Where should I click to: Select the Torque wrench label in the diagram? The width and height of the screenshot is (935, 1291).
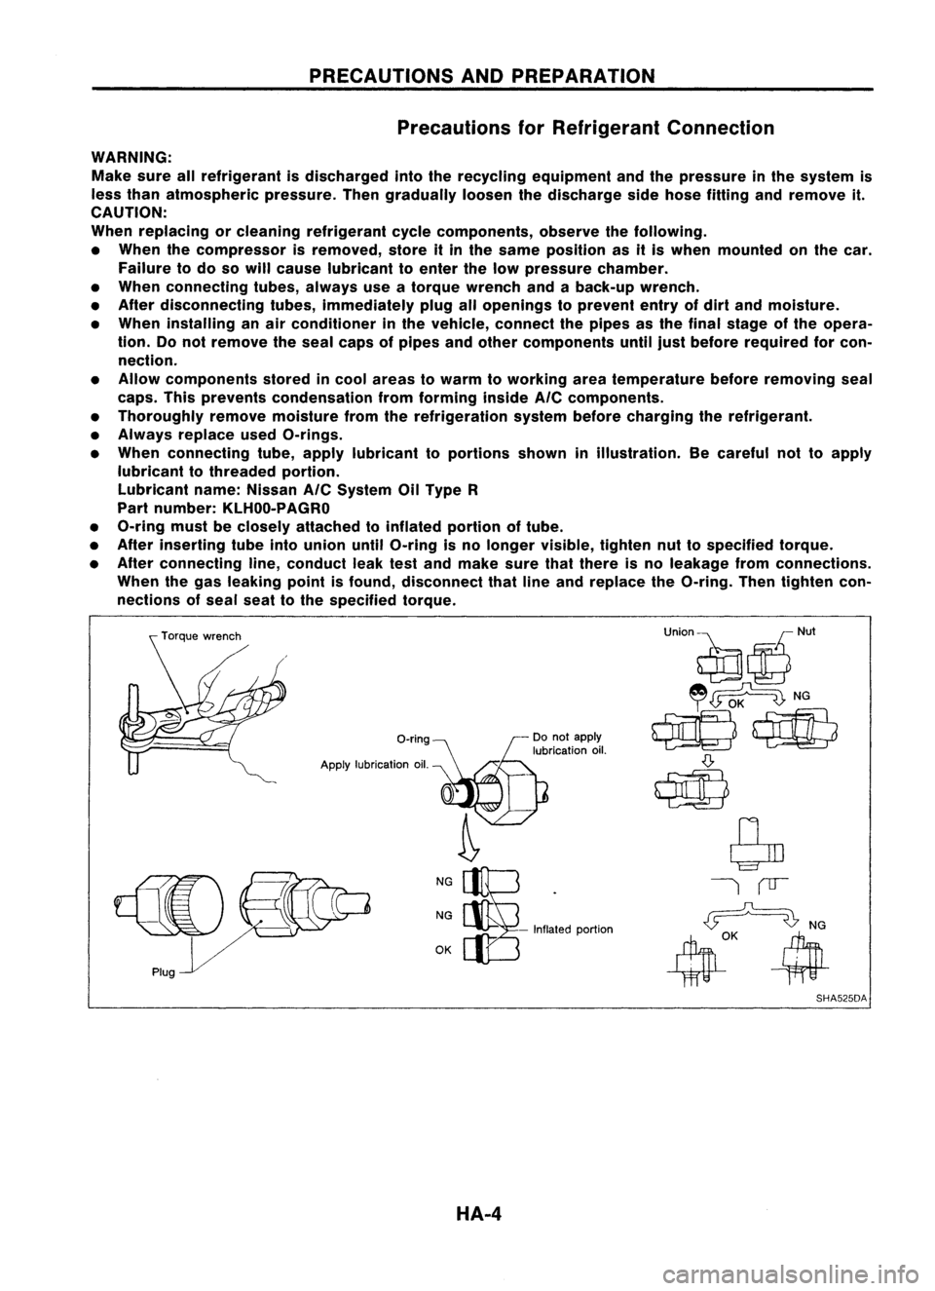[x=199, y=637]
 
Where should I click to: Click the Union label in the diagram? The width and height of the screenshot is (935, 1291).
[x=678, y=631]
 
